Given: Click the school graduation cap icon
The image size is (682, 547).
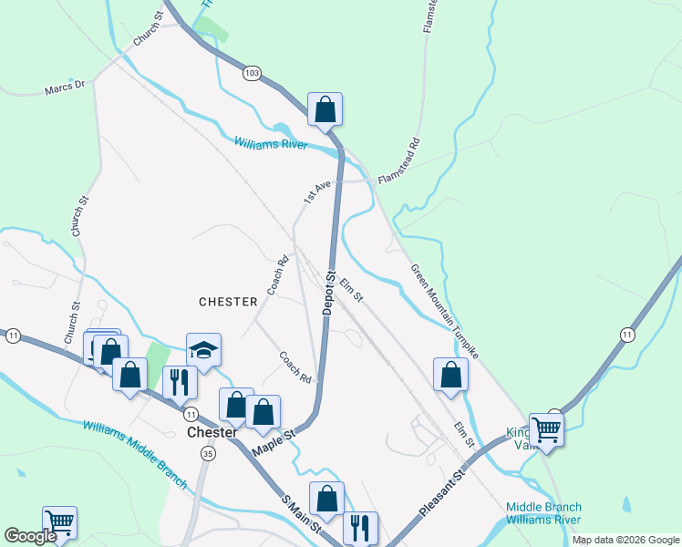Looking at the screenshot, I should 203,349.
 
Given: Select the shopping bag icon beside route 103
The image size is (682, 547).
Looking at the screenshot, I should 325,109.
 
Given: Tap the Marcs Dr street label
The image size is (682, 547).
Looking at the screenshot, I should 64,88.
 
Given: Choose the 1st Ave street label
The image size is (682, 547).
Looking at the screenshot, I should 316,191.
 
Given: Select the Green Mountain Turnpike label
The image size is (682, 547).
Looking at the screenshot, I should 444,311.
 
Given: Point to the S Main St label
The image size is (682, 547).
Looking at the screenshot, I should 302,513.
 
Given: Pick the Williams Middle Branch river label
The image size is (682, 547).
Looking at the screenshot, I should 134,454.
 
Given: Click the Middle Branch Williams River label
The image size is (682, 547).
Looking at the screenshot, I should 543,513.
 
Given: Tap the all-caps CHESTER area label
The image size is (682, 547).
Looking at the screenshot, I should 228,302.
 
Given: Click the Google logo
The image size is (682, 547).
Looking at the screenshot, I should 30,536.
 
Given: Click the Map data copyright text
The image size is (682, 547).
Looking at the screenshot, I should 625,540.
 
